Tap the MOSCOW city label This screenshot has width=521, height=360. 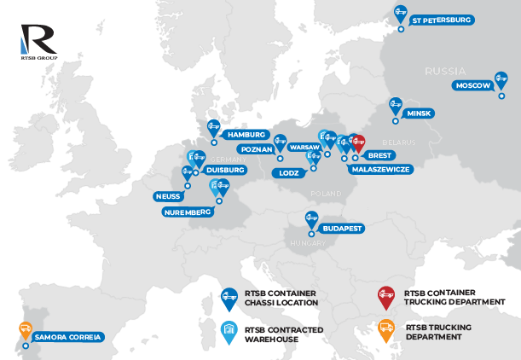coord(472,86)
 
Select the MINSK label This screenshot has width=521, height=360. coord(420,113)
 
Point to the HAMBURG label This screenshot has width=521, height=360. coord(246,135)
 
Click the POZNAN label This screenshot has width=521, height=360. coord(256,149)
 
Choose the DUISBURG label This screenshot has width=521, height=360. coord(225,170)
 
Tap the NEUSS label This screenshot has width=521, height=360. coord(167,195)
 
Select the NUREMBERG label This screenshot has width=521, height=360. coord(187,211)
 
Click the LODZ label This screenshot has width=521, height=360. coord(283,173)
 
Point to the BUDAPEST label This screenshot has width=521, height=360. coord(342,229)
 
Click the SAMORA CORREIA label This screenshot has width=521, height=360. coord(68,337)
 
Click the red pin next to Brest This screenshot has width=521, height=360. coord(357,143)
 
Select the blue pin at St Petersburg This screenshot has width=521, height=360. coord(399,15)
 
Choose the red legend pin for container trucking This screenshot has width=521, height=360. coord(386,296)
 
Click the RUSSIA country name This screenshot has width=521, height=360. coord(445,70)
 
